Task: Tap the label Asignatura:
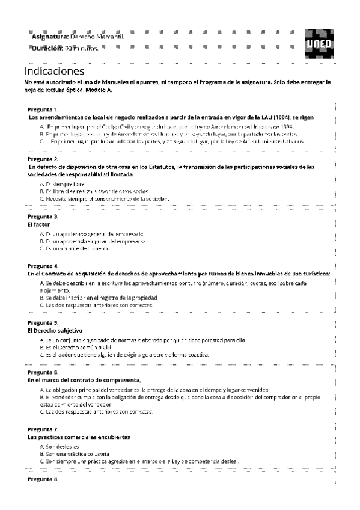pyautogui.click(x=50, y=37)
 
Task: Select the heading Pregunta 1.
pyautogui.click(x=43, y=109)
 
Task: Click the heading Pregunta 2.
pyautogui.click(x=43, y=159)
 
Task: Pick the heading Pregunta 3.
pyautogui.click(x=43, y=216)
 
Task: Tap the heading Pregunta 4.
pyautogui.click(x=43, y=265)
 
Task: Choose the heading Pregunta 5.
pyautogui.click(x=43, y=323)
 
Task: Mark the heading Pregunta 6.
pyautogui.click(x=43, y=372)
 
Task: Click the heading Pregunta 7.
pyautogui.click(x=43, y=429)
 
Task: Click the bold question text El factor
pyautogui.click(x=38, y=224)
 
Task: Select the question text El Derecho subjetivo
pyautogui.click(x=55, y=331)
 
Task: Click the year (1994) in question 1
pyautogui.click(x=281, y=117)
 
